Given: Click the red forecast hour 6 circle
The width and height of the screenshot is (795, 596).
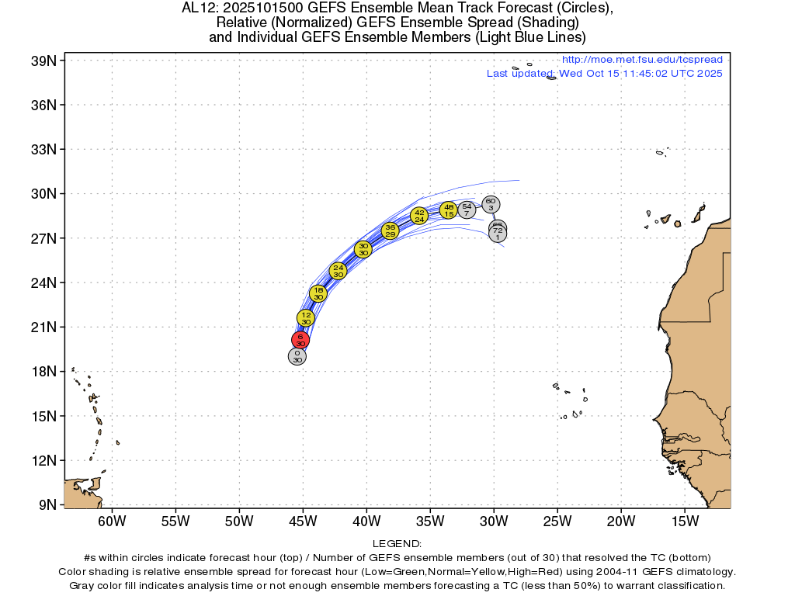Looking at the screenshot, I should pos(300,340).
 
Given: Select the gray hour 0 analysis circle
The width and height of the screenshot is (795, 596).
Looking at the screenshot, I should pos(297,356).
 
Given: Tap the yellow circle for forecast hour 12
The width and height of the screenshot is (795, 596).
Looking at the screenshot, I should pos(306,318).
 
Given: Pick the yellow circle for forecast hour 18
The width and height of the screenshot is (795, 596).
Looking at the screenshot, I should pos(318,293).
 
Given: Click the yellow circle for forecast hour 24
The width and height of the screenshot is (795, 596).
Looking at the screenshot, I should pos(338,271).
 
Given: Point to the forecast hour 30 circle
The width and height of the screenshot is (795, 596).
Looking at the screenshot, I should pos(363,249).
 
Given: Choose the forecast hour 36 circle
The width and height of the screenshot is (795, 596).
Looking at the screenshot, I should pos(391,230).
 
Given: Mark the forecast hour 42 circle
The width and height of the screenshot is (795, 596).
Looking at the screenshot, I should pos(419,216).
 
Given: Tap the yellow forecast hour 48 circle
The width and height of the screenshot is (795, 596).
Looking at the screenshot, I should pos(449,210).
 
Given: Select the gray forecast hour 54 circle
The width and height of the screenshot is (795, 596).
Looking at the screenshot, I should pos(467,210).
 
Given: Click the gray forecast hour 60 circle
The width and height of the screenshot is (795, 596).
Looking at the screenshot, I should pos(491,205).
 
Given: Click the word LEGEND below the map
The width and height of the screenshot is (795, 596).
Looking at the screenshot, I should pos(397,544).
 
